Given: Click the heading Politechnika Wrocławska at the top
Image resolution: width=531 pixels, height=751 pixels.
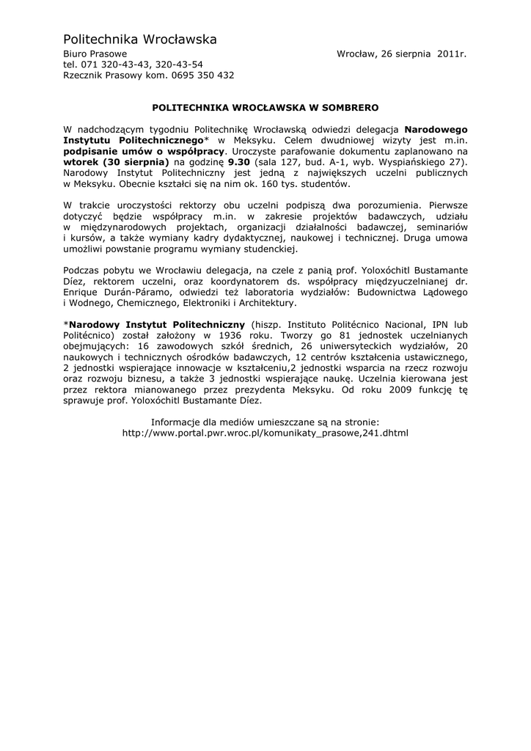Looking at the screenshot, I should pyautogui.click(x=139, y=39).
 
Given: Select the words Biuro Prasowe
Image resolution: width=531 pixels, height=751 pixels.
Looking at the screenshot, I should pyautogui.click(x=95, y=54).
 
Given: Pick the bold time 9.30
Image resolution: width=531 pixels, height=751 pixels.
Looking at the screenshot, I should pyautogui.click(x=240, y=161).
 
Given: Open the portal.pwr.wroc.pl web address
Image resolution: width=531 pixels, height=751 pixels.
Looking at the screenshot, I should pyautogui.click(x=265, y=433).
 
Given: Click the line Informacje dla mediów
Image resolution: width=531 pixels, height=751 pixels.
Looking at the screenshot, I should pyautogui.click(x=265, y=422).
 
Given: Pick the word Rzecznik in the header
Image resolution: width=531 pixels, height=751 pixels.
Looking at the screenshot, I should pyautogui.click(x=83, y=75).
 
